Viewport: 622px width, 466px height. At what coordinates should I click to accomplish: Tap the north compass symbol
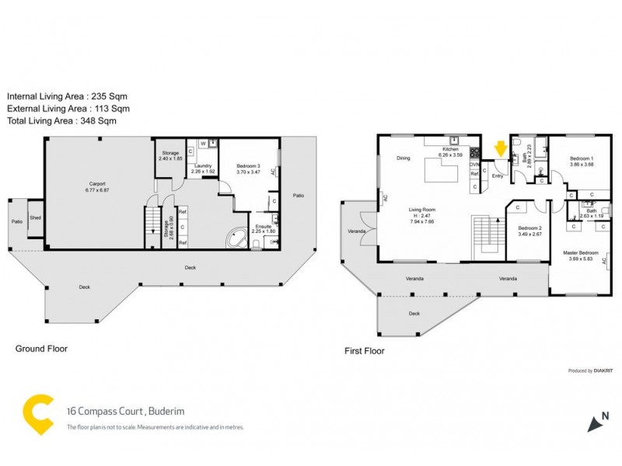(x=597, y=419)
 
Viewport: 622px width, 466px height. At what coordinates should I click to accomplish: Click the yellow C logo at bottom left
(x=37, y=413)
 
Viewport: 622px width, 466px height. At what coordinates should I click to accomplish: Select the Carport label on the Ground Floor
(x=97, y=184)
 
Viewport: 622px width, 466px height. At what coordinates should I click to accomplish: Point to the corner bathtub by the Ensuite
(x=235, y=238)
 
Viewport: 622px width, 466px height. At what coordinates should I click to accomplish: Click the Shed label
(x=36, y=218)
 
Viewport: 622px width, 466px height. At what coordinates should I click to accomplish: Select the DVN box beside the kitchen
(x=474, y=164)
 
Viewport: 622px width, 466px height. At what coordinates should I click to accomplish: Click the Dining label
(x=403, y=158)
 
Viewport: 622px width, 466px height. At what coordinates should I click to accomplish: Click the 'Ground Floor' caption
(x=41, y=349)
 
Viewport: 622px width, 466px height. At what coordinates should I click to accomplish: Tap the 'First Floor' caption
(x=364, y=351)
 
